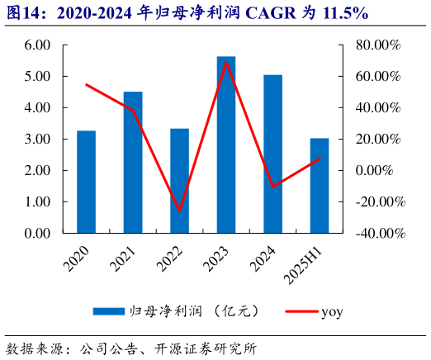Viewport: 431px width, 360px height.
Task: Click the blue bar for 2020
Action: [x=86, y=182]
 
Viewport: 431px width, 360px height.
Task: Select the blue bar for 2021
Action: [x=133, y=162]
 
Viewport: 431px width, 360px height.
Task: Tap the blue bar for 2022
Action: [x=179, y=181]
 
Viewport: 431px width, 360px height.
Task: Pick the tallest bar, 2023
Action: [x=226, y=144]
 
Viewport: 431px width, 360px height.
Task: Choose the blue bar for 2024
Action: [x=272, y=154]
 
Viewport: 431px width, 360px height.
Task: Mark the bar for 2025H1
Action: [x=320, y=185]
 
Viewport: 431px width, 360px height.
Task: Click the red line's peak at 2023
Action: [x=226, y=62]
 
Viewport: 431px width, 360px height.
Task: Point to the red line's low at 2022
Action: [x=179, y=211]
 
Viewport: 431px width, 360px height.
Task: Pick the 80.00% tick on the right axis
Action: [x=380, y=45]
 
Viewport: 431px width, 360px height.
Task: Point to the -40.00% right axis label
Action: [x=380, y=233]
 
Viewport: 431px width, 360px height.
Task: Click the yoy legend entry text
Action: [x=331, y=311]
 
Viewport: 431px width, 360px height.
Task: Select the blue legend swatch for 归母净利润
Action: [x=107, y=311]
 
